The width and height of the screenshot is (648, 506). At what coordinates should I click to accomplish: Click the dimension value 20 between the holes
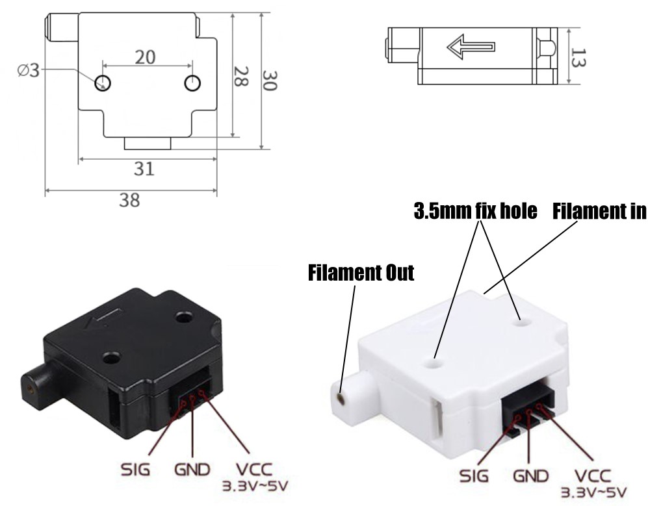146,57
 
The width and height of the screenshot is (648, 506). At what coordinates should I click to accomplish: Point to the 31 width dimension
144,168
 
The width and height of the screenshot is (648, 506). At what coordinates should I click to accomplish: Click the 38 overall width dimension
129,200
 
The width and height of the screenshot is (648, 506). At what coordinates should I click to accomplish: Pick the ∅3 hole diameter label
28,70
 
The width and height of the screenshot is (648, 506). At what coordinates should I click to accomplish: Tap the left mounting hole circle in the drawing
102,82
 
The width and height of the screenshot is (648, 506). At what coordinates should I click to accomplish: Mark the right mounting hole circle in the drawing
192,82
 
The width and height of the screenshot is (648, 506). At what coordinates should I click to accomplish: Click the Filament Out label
361,272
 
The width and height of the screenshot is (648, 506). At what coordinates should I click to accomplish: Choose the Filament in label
599,212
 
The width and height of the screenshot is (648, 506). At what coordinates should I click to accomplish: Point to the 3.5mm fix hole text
475,212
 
